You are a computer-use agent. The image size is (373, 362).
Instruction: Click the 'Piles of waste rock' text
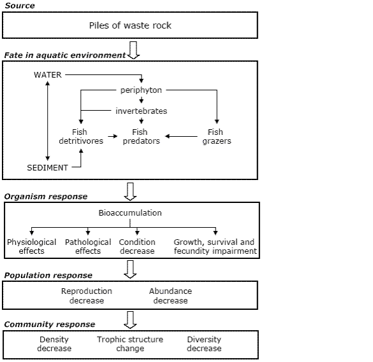(130, 25)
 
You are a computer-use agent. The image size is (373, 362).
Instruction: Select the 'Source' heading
(20, 6)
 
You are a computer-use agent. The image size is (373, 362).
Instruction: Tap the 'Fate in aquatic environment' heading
(64, 55)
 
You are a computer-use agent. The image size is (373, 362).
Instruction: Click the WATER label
(48, 75)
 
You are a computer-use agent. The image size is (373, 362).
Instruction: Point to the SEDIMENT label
(48, 167)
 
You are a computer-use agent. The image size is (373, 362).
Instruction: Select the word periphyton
(141, 90)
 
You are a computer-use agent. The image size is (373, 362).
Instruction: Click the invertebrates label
(141, 111)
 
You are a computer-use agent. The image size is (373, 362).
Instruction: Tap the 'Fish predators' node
(141, 137)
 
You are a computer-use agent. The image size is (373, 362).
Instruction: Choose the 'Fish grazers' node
(216, 137)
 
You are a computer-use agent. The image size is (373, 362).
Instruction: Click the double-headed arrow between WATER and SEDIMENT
(47, 121)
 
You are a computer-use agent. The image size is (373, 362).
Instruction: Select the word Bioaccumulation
(130, 212)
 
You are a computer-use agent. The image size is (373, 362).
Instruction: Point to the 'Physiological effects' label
(32, 246)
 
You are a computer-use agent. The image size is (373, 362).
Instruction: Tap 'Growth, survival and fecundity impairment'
(215, 246)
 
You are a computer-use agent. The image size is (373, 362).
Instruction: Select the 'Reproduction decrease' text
(86, 296)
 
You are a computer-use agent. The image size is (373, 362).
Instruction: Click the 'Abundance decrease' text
(170, 296)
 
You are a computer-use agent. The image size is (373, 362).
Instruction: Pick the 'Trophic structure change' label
(130, 344)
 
